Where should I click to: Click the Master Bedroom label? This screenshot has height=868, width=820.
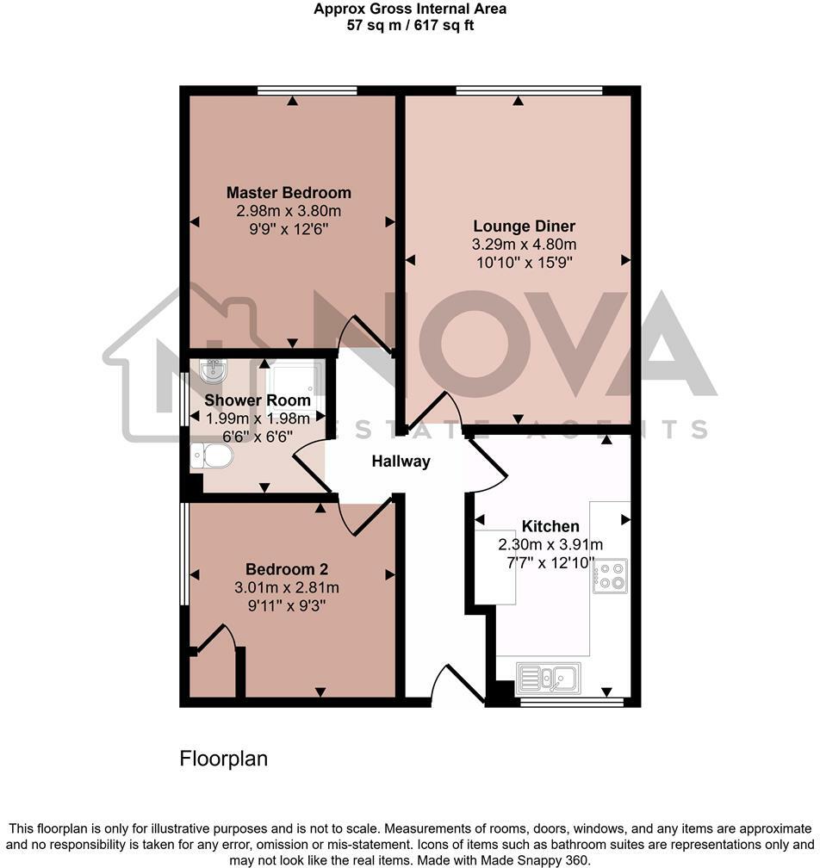[x=289, y=193]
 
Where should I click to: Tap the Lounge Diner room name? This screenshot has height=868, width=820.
[x=518, y=226]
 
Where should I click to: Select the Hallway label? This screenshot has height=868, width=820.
[x=401, y=462]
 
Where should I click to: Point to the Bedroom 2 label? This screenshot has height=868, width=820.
[x=287, y=569]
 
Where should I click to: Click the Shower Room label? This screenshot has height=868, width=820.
[x=258, y=400]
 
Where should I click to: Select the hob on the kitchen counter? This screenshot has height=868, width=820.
[x=610, y=575]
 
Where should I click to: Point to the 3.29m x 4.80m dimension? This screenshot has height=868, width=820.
[x=518, y=245]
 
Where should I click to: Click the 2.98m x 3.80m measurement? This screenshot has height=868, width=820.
[x=289, y=211]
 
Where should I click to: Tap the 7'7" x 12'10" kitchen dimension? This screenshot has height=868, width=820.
[x=550, y=562]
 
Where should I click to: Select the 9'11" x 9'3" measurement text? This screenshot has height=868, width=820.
[x=287, y=605]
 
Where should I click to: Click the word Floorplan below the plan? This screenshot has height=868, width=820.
[x=223, y=759]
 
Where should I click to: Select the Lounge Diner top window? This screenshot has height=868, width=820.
[x=529, y=89]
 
